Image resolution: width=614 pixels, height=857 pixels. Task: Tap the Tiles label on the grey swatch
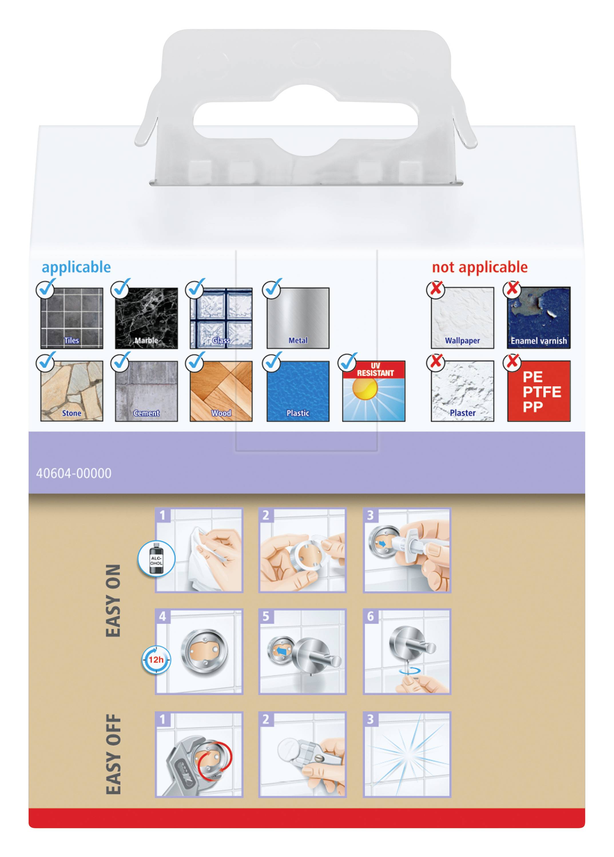(x=71, y=340)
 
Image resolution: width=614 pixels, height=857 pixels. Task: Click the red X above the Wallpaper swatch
(x=436, y=289)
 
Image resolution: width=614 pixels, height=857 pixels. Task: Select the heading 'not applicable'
(x=479, y=267)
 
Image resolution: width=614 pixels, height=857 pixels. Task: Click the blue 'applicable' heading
(x=76, y=267)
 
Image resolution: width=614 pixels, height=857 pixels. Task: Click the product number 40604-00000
(x=74, y=473)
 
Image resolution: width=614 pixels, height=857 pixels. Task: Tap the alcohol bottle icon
(x=156, y=559)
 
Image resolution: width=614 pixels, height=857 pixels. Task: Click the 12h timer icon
(x=156, y=660)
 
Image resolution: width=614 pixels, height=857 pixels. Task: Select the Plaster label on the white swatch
(x=462, y=413)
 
